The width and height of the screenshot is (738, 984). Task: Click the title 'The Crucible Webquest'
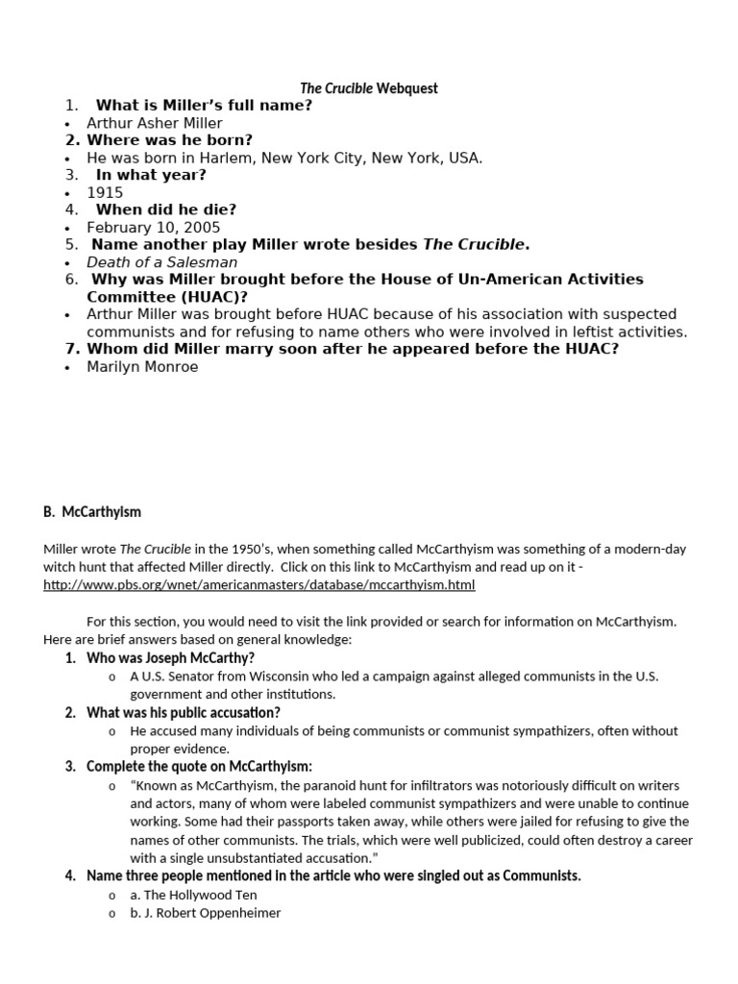click(368, 88)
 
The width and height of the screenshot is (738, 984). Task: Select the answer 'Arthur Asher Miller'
click(154, 123)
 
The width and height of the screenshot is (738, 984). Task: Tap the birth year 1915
click(105, 192)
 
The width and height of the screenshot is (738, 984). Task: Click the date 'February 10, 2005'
click(153, 228)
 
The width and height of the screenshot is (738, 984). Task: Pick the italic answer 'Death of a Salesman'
click(161, 262)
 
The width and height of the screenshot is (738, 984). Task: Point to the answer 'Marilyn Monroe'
click(142, 366)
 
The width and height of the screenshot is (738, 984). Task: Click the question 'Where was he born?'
click(169, 140)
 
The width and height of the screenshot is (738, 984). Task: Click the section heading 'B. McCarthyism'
click(92, 512)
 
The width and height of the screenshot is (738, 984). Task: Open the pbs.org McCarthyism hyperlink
click(259, 584)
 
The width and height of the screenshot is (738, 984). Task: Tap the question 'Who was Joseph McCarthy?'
click(170, 658)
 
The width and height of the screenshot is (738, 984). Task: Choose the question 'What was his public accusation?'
click(183, 712)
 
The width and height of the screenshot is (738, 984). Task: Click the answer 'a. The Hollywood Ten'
click(194, 895)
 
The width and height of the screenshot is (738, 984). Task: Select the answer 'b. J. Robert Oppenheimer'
click(206, 913)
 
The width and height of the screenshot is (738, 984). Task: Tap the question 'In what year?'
click(150, 175)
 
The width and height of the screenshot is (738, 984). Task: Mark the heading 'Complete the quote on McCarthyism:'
click(199, 766)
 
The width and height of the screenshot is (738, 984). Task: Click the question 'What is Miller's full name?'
click(204, 106)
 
